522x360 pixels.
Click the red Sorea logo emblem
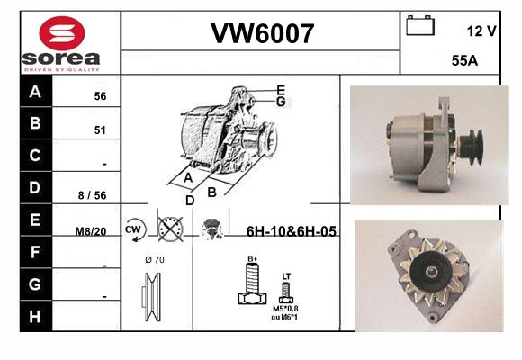[x=62, y=33]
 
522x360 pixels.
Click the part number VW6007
[x=262, y=33]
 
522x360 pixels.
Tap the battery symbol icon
[x=420, y=25]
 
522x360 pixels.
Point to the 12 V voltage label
[x=481, y=31]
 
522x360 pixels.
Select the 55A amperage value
[x=464, y=60]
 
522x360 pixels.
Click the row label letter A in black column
[x=35, y=91]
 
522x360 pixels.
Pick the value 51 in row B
[x=100, y=130]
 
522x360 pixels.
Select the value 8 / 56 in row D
[x=92, y=195]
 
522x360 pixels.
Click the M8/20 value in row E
[x=91, y=231]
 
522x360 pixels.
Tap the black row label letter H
[x=35, y=316]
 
